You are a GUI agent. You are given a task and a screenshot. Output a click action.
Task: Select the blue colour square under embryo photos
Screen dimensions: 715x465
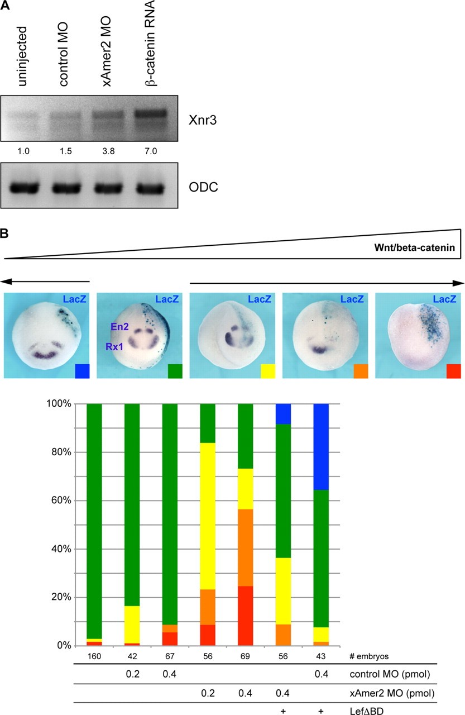[82, 371]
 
